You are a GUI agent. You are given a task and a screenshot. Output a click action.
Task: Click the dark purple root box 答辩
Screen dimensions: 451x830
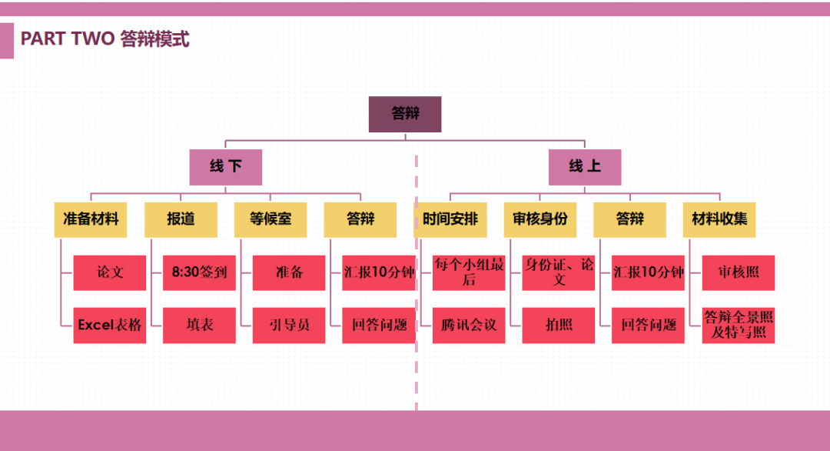[405, 114]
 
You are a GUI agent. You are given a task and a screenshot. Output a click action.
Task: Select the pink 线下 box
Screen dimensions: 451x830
[226, 167]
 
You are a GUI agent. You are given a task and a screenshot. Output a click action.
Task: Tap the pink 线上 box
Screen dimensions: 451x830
[585, 167]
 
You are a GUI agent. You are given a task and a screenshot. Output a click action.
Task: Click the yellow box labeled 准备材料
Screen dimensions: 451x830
[91, 219]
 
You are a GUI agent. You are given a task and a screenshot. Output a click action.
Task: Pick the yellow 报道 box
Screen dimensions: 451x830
[181, 219]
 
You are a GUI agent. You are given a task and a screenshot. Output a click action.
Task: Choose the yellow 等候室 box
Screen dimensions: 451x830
[271, 219]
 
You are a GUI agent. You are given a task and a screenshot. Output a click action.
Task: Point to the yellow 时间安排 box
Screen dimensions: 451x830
[450, 219]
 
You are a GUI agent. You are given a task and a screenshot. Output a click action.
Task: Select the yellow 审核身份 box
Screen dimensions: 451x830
[540, 219]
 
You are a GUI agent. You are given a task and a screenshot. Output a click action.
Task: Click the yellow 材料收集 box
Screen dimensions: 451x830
[719, 219]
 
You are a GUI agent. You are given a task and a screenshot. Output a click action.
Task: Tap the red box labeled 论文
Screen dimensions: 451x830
[110, 272]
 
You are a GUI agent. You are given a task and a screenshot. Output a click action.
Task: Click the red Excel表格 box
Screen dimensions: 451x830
[110, 325]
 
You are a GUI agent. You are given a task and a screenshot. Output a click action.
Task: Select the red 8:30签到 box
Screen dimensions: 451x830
[199, 272]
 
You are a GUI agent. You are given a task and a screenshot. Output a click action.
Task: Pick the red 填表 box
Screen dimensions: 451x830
[199, 325]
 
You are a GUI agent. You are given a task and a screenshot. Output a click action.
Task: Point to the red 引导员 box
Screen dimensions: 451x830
[289, 325]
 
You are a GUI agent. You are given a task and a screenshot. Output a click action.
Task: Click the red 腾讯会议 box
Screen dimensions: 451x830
[469, 325]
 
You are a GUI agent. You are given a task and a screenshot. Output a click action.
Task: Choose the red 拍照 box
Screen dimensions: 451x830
[559, 325]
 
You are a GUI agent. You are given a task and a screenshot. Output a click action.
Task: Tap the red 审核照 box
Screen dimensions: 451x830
[738, 272]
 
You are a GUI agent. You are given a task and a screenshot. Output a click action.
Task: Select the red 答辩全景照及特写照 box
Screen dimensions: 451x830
[738, 325]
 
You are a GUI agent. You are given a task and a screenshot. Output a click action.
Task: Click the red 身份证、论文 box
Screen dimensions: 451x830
[559, 272]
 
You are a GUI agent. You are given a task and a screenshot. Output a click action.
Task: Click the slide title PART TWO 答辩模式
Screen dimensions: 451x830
[105, 39]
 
